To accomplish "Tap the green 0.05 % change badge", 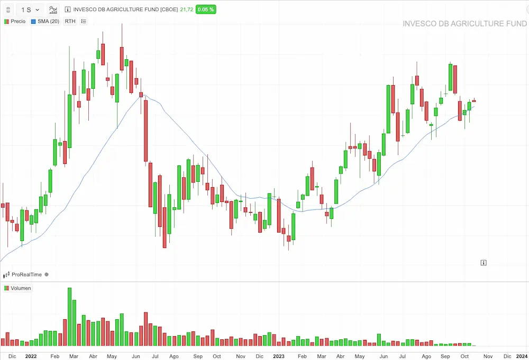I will tap(205, 10).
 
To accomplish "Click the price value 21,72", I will tap(186, 10).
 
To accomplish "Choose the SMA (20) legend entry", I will tap(45, 21).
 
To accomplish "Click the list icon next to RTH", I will tap(84, 21).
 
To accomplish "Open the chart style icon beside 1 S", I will tap(53, 10).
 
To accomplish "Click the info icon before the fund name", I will tap(67, 10).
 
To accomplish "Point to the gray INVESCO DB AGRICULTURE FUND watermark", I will tap(464, 24).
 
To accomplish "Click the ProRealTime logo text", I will tap(26, 274).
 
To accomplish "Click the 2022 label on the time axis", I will tap(31, 356).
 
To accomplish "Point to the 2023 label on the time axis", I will tap(278, 356).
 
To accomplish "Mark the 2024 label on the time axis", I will tap(521, 356).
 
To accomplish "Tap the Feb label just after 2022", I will tap(54, 356).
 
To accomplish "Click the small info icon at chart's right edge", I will tap(484, 262).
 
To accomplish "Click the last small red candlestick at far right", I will tap(475, 100).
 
